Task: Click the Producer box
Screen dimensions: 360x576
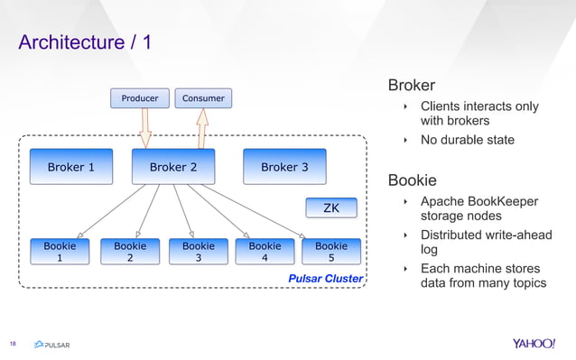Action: (139, 97)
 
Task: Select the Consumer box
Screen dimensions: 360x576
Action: (203, 97)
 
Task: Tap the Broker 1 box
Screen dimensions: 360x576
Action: (70, 167)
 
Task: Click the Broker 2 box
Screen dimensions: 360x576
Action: (173, 167)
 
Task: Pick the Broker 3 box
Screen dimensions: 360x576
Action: (284, 167)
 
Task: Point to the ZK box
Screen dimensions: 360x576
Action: (331, 208)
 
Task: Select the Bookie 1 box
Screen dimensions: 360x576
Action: (60, 252)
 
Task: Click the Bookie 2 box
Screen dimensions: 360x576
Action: (130, 252)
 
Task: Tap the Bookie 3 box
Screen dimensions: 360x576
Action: (199, 252)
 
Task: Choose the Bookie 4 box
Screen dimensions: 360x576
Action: (265, 252)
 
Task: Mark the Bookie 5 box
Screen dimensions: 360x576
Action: (331, 252)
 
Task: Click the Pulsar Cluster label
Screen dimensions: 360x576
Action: (325, 279)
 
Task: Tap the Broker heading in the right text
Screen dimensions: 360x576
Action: (412, 86)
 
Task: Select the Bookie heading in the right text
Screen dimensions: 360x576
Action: (412, 180)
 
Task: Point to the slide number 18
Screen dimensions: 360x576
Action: (14, 344)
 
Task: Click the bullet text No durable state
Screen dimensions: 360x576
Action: (467, 140)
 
